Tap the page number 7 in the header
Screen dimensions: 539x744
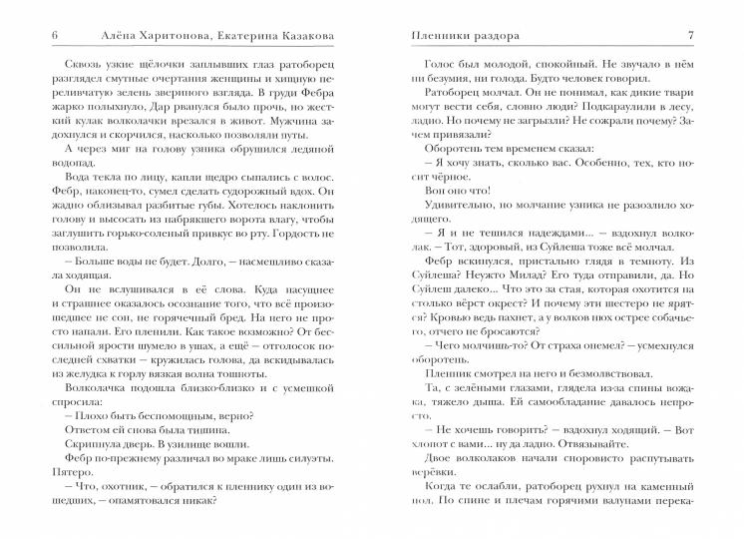[x=691, y=37]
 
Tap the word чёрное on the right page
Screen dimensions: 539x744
[x=441, y=181]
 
